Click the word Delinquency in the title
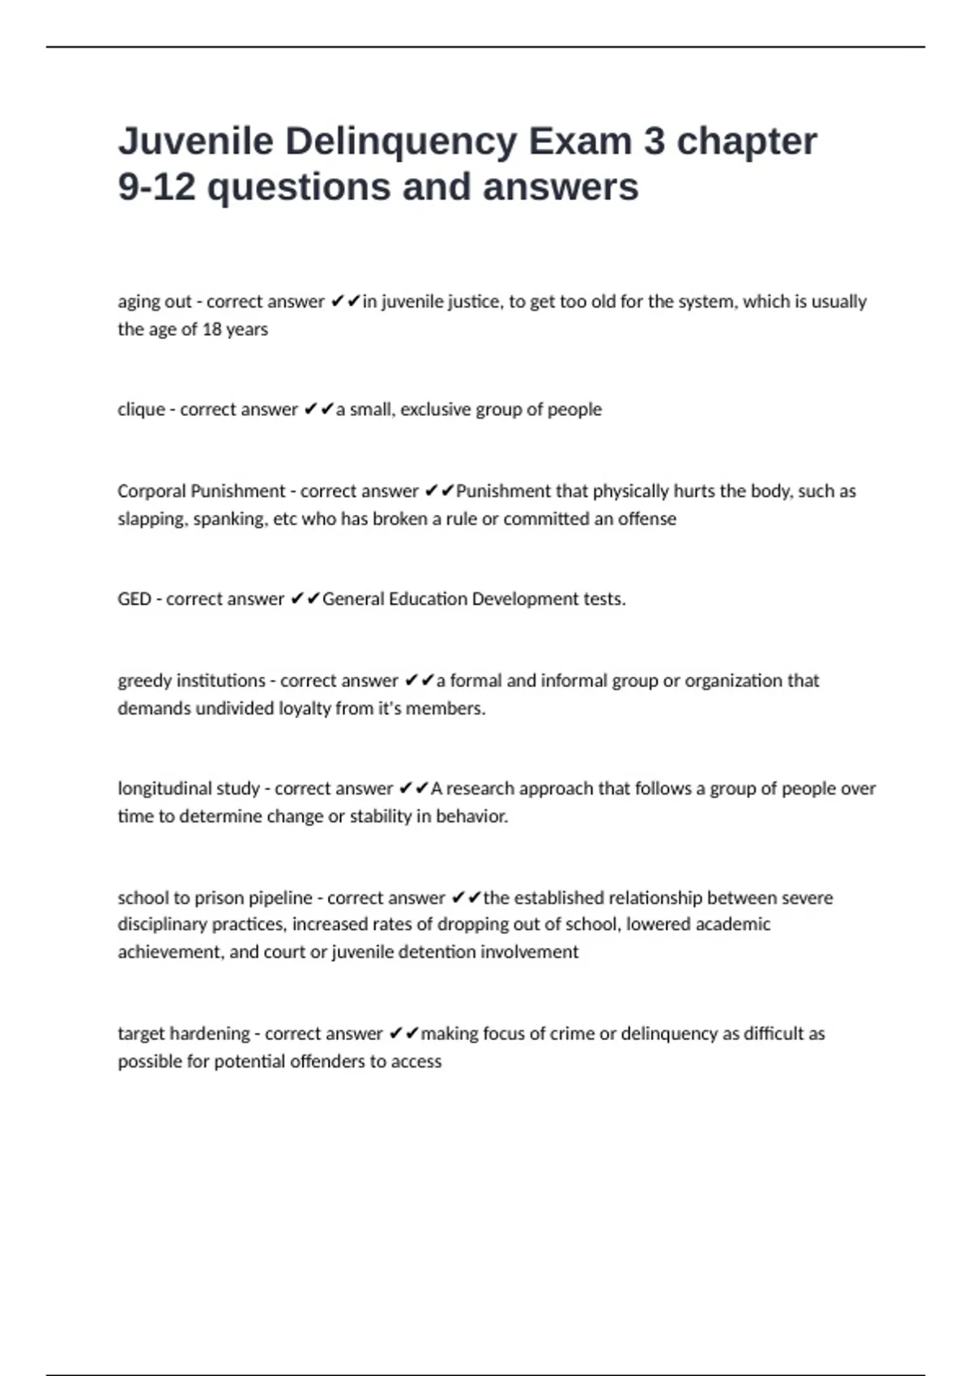pyautogui.click(x=401, y=141)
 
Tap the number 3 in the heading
pyautogui.click(x=654, y=141)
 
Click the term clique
pyautogui.click(x=141, y=410)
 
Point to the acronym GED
pyautogui.click(x=134, y=599)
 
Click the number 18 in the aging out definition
pyautogui.click(x=211, y=329)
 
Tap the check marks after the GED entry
pyautogui.click(x=305, y=599)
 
